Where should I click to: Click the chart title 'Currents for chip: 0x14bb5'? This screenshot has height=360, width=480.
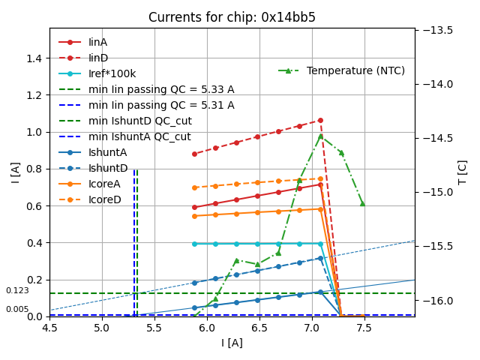point(232,17)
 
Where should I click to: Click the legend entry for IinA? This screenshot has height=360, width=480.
point(98,43)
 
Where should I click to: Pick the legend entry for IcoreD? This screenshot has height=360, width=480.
point(104,200)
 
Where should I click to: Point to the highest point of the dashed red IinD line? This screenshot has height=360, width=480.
point(320,120)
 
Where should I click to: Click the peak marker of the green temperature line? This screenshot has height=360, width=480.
point(320,136)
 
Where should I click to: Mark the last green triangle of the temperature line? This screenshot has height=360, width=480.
point(362,203)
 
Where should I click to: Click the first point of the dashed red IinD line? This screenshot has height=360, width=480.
point(194,154)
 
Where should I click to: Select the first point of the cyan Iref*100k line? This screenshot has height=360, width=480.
point(194,244)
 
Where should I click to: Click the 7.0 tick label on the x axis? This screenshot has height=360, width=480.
point(312,328)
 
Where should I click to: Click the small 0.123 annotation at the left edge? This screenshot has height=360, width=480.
point(17,291)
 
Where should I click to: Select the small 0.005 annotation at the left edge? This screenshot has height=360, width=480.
point(17,310)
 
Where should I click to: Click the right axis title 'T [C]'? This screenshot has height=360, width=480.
point(462,172)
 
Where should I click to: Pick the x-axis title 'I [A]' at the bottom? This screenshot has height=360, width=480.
point(232,343)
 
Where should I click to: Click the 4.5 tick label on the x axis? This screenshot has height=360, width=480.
point(49,328)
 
